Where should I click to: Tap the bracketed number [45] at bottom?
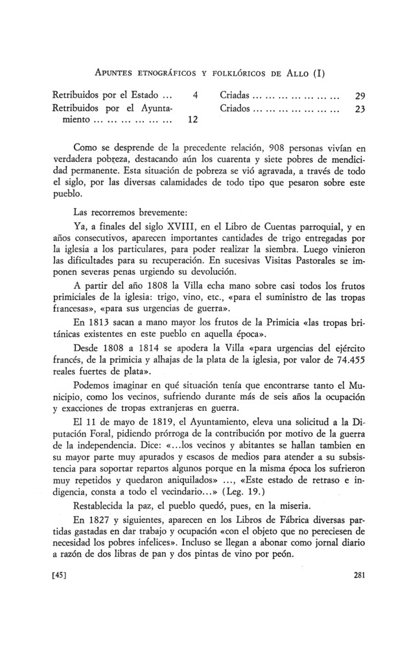(61, 574)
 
